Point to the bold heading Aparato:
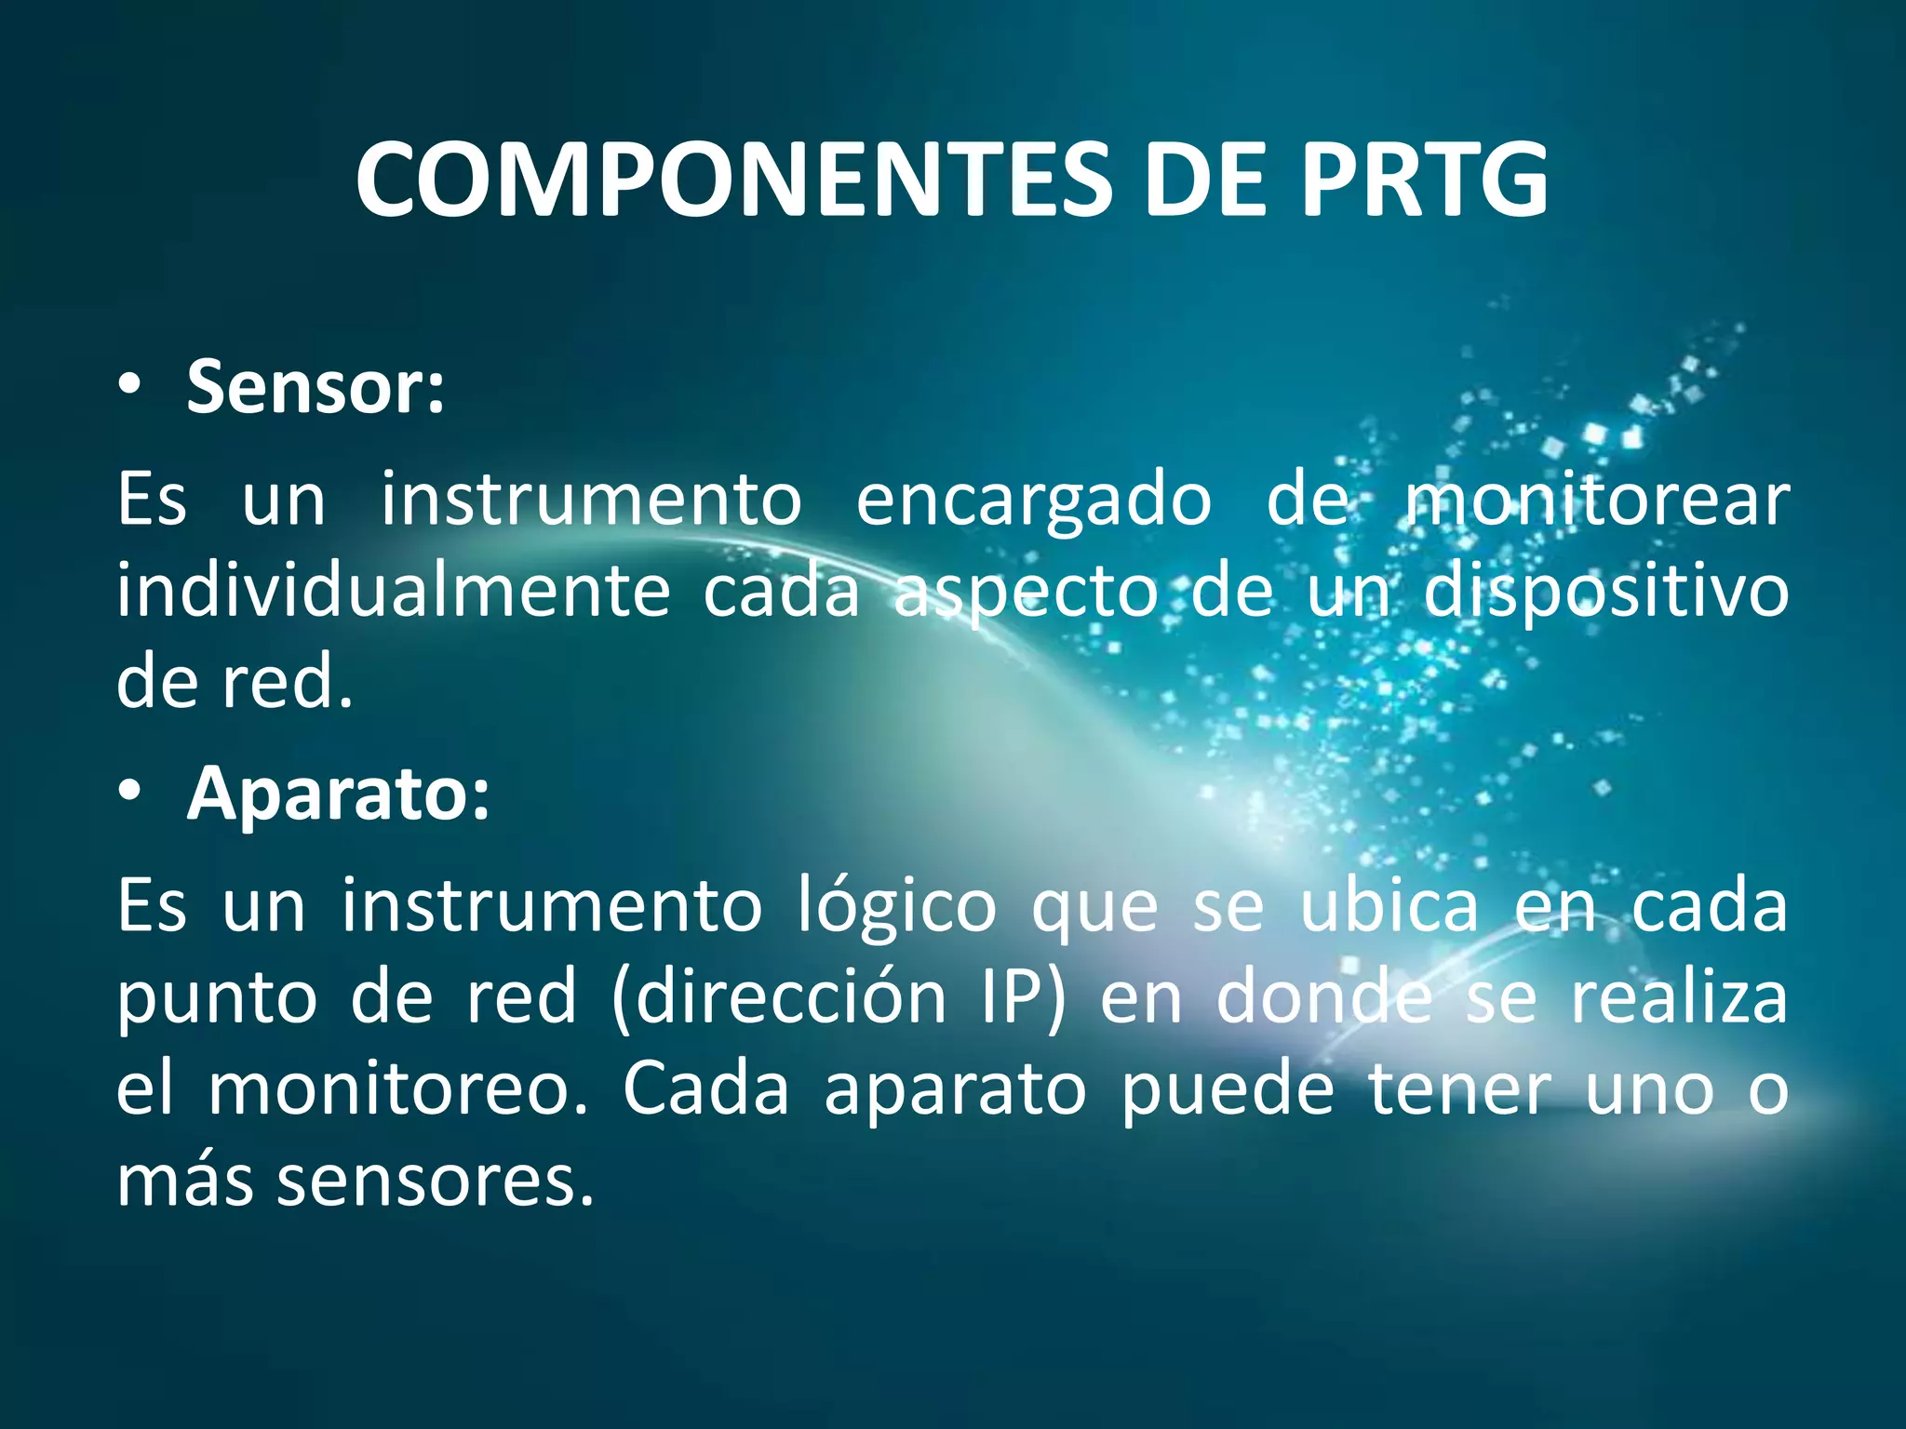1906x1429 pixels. (338, 793)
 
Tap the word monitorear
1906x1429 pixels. (1597, 500)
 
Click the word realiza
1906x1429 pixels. (1679, 997)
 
